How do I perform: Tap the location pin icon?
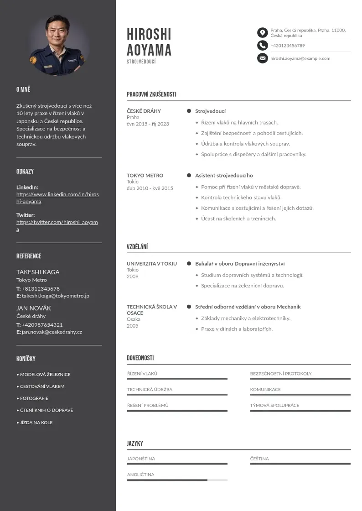coord(262,32)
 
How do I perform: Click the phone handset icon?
coord(262,45)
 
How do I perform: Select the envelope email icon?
coord(262,58)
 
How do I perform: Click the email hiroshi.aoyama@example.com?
coord(300,58)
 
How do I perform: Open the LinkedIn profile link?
coord(57,198)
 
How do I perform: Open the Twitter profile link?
coord(57,226)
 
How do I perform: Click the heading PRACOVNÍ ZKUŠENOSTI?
coord(151,94)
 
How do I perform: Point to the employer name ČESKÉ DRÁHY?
coord(144,111)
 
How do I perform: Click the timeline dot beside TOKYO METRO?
coord(189,175)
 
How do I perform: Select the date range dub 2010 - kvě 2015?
coord(150,188)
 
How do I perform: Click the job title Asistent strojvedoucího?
coord(224,175)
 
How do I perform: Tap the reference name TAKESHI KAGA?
coord(38,272)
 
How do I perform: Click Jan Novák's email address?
coord(52,332)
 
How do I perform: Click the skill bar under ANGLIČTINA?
coord(177,480)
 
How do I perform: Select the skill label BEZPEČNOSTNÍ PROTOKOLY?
coord(281,374)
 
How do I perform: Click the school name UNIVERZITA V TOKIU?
coord(151,264)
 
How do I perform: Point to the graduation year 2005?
coord(132,326)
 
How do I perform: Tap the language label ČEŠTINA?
coord(259,459)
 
